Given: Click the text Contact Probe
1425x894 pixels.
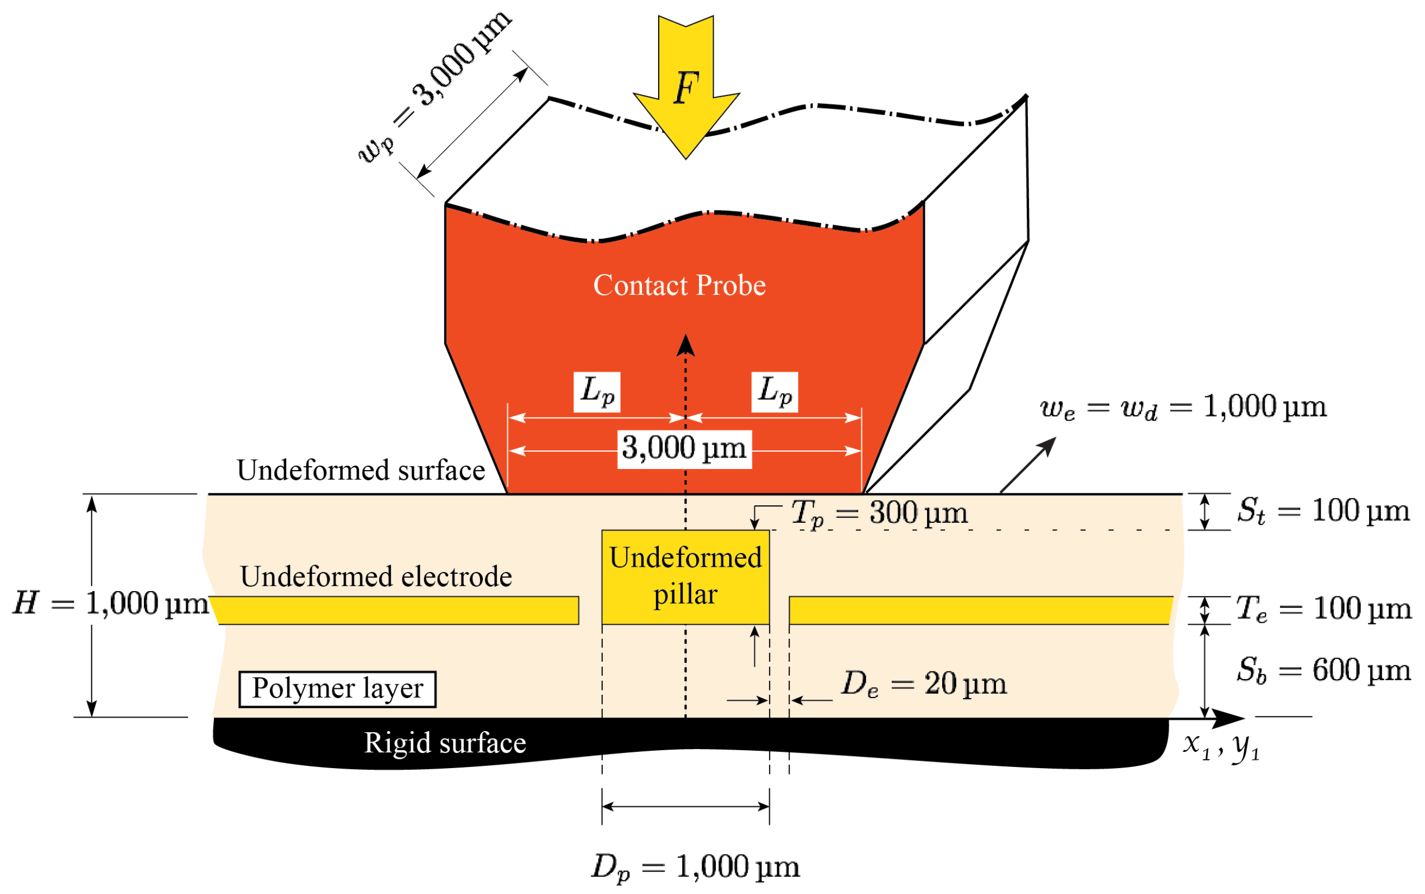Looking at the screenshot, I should point(679,286).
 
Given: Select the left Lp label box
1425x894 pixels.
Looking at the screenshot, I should point(596,392).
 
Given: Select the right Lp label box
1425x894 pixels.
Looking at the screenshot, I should point(774,392).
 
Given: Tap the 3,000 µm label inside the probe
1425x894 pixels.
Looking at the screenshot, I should point(684,449).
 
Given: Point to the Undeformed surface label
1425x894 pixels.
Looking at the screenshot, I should point(360,471).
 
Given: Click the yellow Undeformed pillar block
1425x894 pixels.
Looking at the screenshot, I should point(685,576).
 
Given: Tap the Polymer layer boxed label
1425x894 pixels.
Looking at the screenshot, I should point(337,689).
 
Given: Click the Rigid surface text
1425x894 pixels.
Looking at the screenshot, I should point(444,743).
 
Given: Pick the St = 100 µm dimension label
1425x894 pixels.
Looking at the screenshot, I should point(1323,511).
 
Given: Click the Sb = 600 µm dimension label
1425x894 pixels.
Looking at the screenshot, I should point(1323,670).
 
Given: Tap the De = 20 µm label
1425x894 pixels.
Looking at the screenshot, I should point(923,684).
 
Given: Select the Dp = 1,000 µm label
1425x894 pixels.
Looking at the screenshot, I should point(695,867).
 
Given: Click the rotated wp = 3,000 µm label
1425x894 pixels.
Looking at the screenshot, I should point(435,87).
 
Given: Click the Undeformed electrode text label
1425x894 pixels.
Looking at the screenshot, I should point(376,576).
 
